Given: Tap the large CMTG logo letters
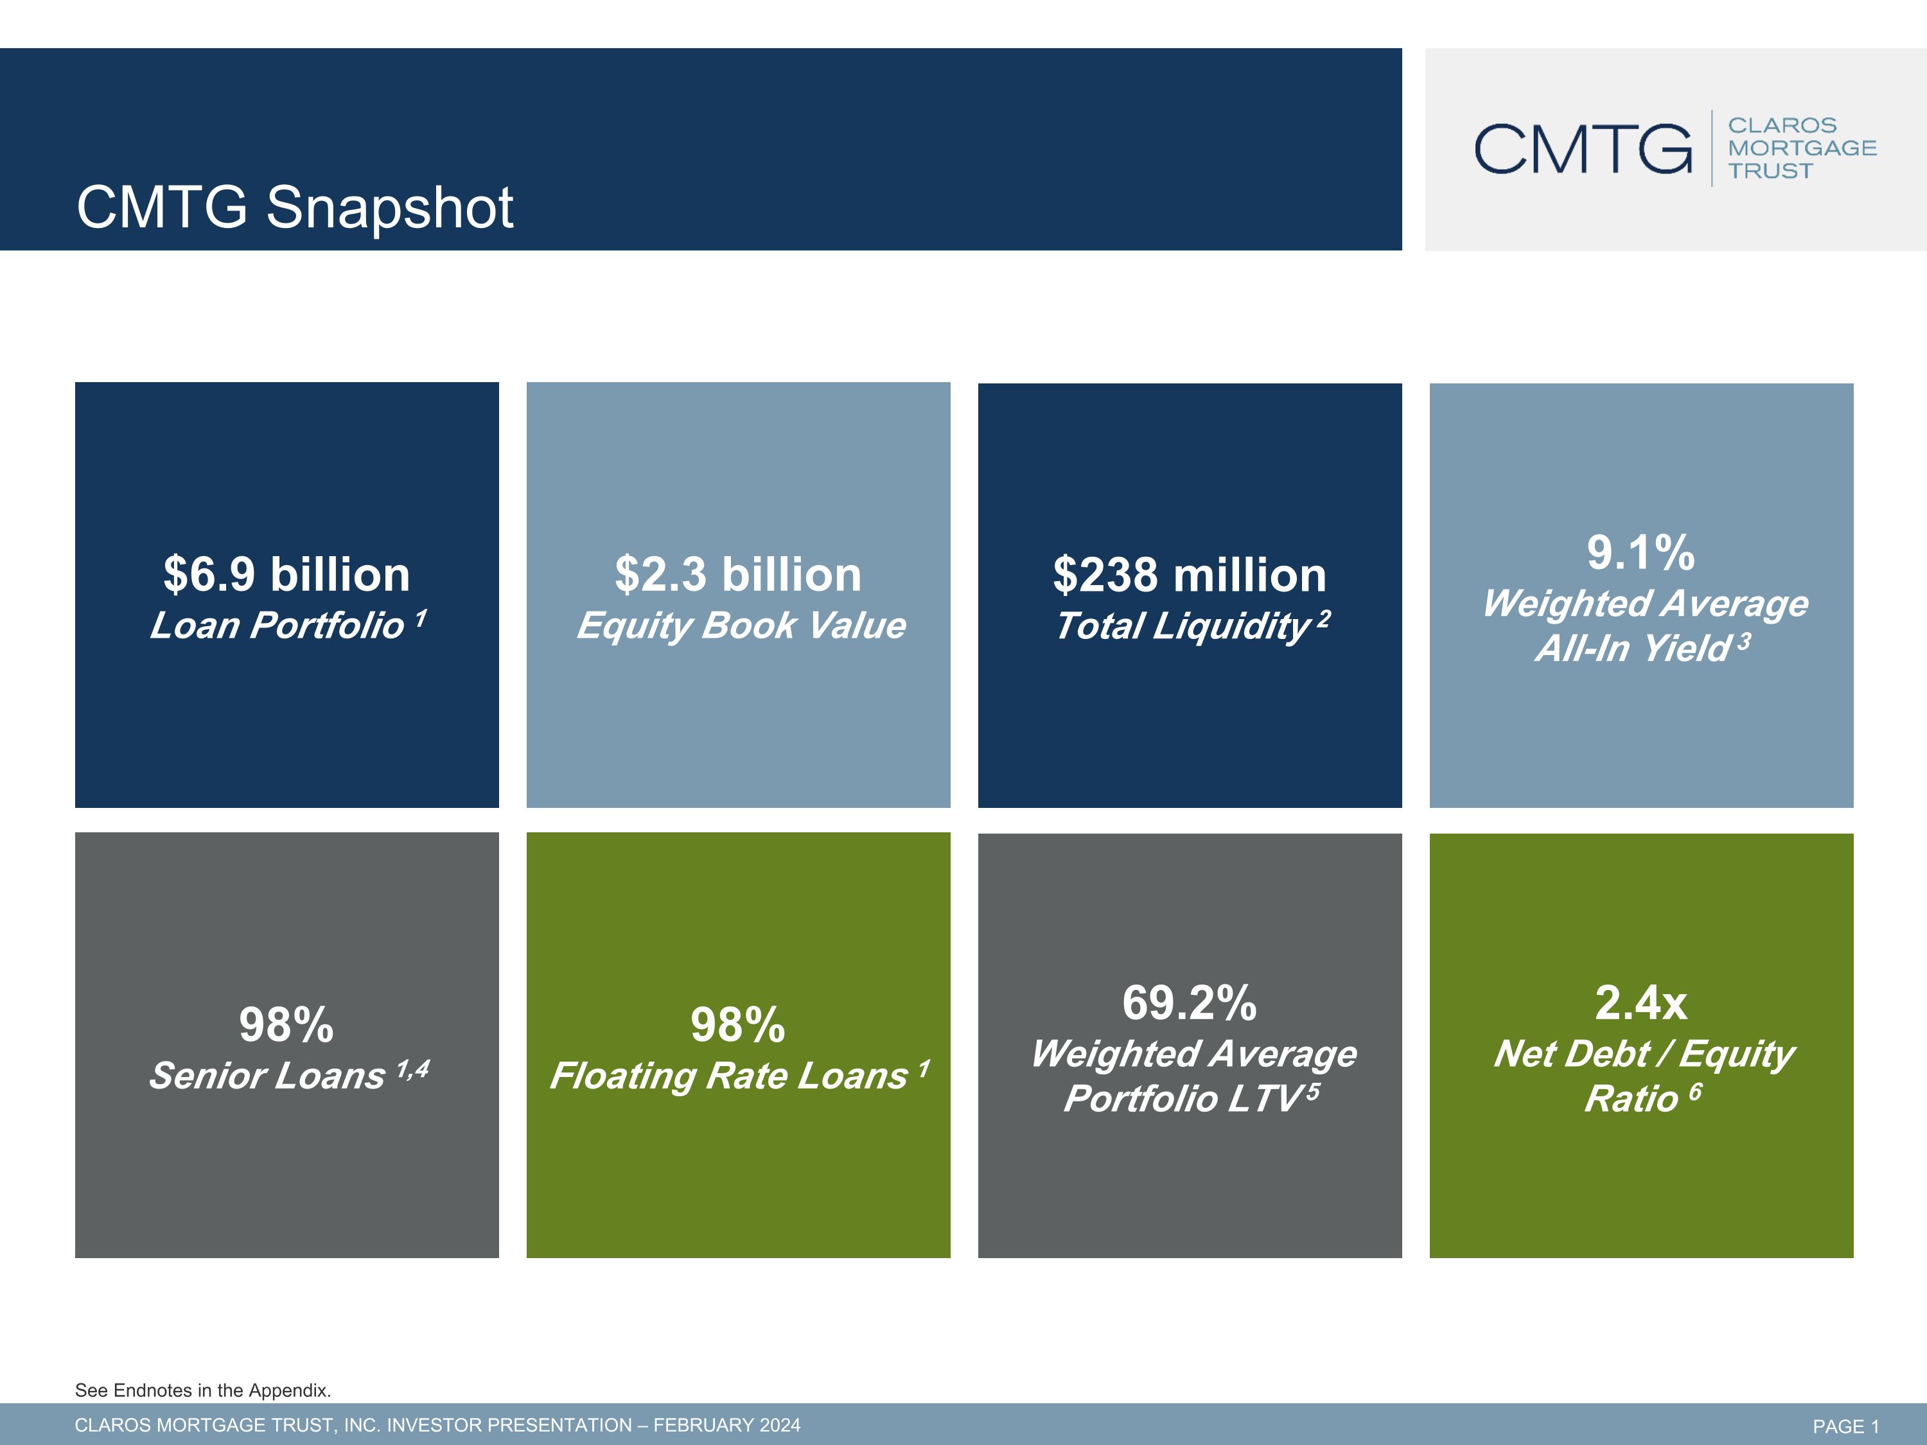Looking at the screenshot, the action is click(1583, 148).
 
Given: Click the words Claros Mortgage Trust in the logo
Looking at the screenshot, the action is click(1802, 148).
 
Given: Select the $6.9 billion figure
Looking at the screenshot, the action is click(286, 575).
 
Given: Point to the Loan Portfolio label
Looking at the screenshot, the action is click(277, 626).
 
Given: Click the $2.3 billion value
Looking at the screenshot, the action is click(738, 575).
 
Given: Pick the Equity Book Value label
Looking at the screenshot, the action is click(741, 626).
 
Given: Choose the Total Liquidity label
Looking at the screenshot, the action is click(1183, 626).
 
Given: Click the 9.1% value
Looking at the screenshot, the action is click(1641, 553).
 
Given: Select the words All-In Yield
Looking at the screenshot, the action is click(1633, 649).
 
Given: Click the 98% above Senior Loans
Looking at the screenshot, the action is click(286, 1025).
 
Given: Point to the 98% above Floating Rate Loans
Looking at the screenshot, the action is click(738, 1025).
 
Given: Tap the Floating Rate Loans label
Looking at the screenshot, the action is click(729, 1076).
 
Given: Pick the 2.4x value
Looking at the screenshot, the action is click(1641, 1003).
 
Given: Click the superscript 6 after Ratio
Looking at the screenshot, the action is click(1695, 1092).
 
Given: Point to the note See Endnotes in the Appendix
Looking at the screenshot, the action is click(203, 1390).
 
